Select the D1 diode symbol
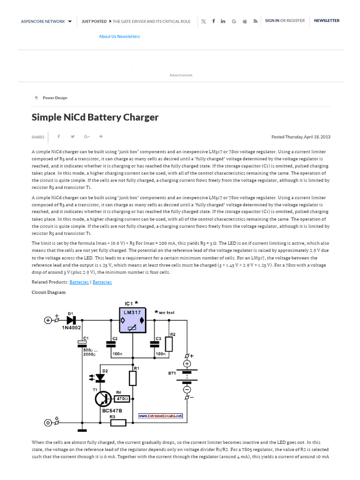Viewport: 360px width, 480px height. coord(71,320)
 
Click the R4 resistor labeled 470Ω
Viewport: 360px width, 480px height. coord(123,399)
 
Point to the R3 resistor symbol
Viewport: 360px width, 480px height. coord(118,423)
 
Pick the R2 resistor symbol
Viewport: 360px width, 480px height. coord(169,344)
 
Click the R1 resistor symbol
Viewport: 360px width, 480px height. coord(133,378)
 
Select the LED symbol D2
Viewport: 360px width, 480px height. coord(100,376)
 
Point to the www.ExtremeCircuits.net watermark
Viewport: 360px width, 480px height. coord(160,416)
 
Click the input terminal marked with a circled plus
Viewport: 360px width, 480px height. coord(48,320)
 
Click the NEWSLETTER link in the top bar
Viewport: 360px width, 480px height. coord(327,21)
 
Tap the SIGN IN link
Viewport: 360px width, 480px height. coord(272,21)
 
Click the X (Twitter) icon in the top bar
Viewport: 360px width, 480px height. coord(203,21)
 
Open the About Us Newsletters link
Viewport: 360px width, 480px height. coord(119,37)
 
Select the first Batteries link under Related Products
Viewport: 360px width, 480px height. coord(79,282)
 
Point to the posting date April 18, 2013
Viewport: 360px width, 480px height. coord(316,137)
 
